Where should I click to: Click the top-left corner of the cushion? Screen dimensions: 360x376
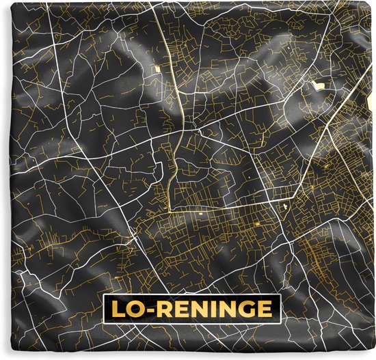(2, 2)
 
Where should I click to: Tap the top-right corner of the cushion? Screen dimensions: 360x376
(373, 2)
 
